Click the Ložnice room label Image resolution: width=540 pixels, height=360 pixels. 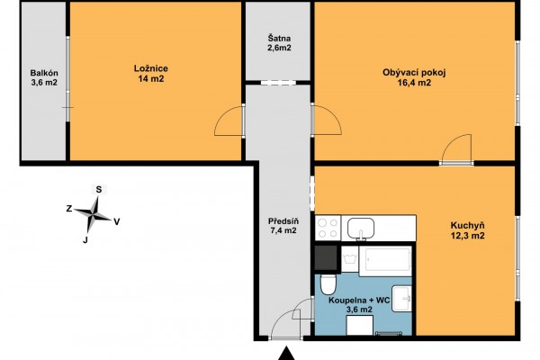point(151,74)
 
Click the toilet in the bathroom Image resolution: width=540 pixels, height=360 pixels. point(328,284)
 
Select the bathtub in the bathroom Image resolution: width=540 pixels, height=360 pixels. point(385,261)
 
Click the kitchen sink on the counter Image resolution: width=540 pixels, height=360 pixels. point(361,229)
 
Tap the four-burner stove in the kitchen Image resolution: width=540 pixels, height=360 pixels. point(328,228)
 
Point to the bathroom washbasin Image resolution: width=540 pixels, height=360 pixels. point(402,298)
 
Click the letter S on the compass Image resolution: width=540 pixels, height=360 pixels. point(99,189)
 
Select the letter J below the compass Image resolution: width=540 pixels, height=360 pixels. point(85,240)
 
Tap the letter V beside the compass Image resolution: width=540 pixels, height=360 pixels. point(117,222)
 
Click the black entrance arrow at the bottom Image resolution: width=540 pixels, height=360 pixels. point(285,354)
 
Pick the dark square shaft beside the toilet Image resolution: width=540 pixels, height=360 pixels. point(326,257)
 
